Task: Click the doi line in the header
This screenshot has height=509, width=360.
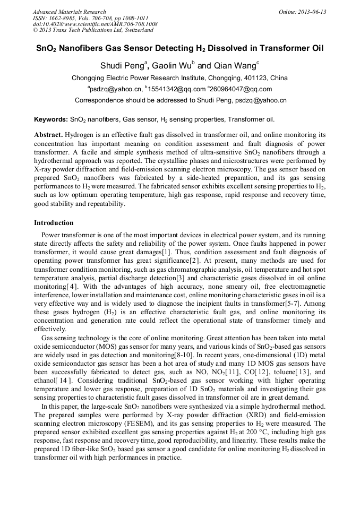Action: click(95, 24)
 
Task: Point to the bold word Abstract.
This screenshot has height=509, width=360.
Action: click(49, 135)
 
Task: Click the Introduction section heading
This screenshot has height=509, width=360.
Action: click(54, 223)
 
